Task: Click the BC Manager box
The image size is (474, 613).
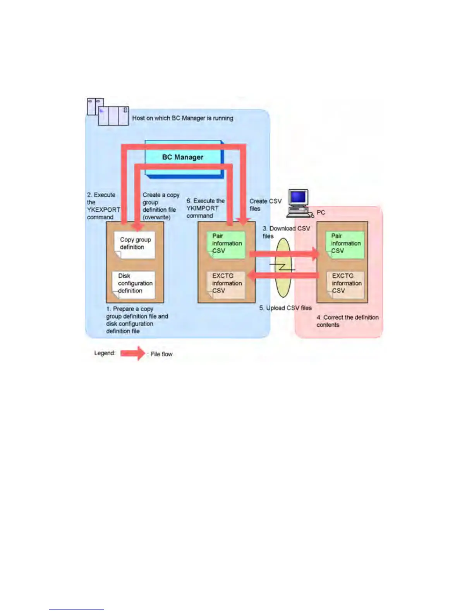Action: point(183,157)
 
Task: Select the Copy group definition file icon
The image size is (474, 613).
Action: point(135,245)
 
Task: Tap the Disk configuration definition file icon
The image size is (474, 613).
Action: point(134,284)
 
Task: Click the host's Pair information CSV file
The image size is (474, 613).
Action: point(226,244)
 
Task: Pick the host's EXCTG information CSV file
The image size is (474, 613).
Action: point(226,284)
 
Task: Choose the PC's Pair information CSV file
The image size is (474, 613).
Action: point(345,244)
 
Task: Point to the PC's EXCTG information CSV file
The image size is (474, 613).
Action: point(346,284)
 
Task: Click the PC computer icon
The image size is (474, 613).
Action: point(299,203)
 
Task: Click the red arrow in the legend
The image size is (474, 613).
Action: point(132,353)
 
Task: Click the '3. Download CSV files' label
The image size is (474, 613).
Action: point(286,232)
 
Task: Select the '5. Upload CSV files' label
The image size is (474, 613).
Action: point(285,308)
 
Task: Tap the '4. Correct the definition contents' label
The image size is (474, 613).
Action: point(347,321)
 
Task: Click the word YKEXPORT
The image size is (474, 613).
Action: point(103,210)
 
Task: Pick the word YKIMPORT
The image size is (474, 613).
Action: point(203,208)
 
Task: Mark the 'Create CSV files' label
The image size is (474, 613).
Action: point(265,205)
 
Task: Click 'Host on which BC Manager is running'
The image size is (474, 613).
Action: point(183,118)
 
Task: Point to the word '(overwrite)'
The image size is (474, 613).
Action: point(156,217)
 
